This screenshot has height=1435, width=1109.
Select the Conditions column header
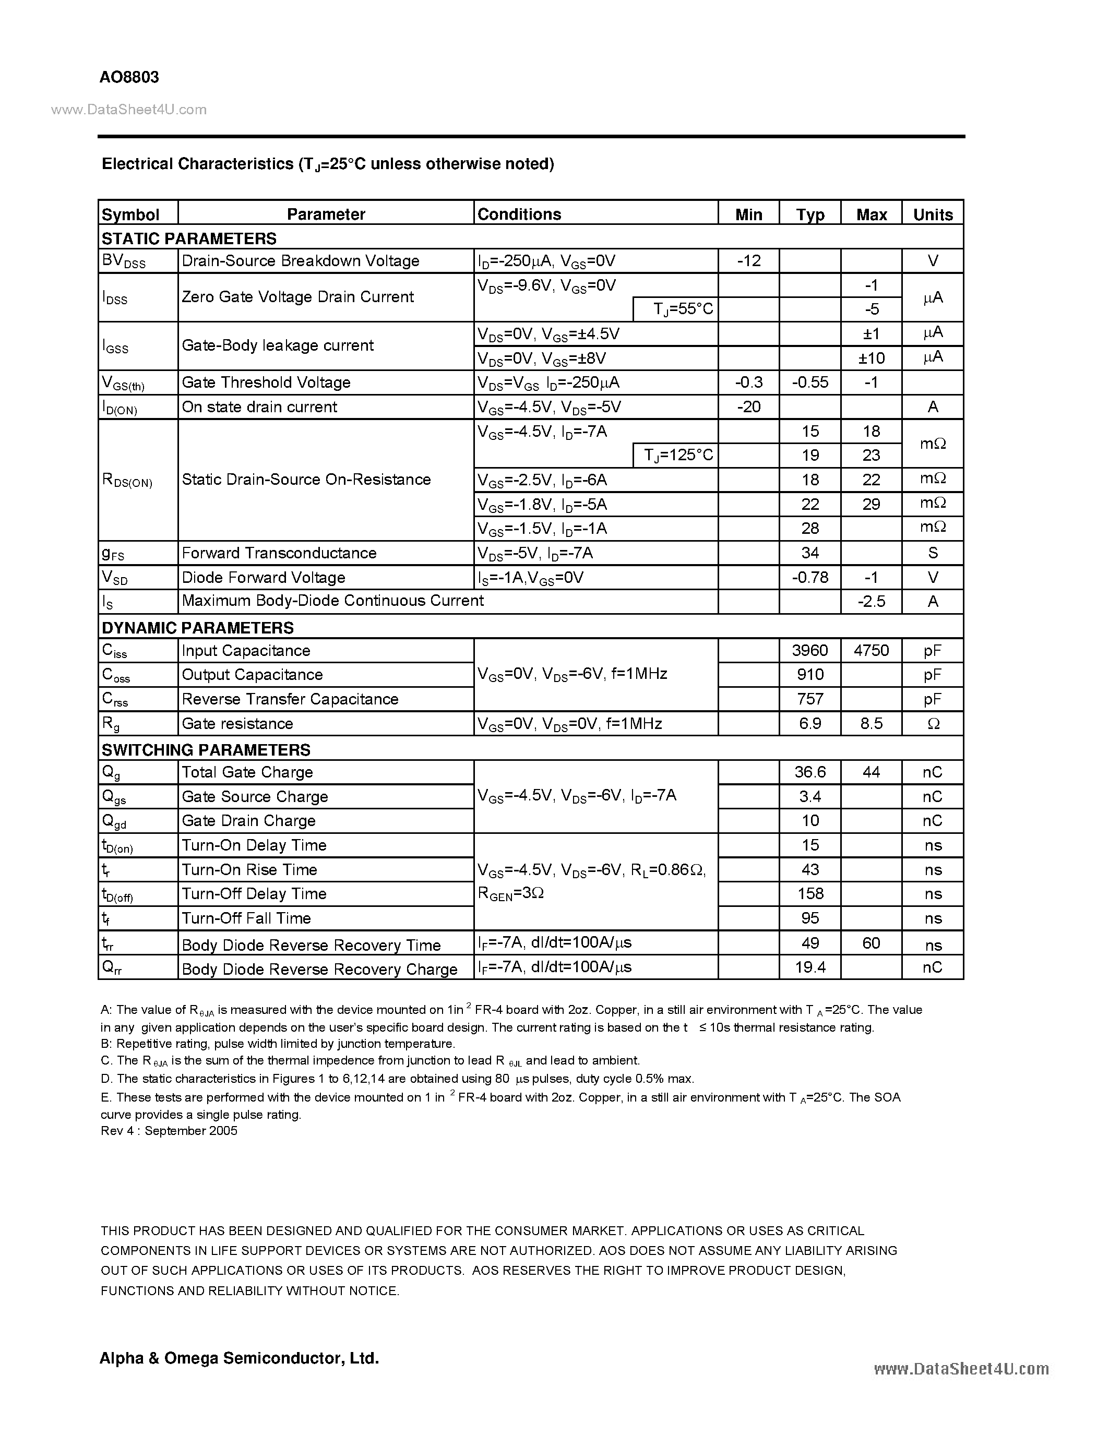[519, 214]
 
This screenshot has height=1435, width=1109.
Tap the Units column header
[932, 214]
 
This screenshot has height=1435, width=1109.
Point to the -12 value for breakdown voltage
[748, 261]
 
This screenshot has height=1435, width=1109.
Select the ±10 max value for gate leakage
[871, 358]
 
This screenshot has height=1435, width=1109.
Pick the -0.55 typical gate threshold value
[809, 382]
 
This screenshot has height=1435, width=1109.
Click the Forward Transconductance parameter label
[279, 553]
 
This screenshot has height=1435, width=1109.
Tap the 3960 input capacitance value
[809, 651]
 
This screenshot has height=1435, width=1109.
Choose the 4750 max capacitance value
[871, 651]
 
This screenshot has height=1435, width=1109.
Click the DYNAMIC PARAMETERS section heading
[197, 627]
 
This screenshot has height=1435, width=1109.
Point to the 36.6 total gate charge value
[809, 772]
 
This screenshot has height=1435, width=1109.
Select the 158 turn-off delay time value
[809, 893]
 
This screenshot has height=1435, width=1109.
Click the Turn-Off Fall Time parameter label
[246, 918]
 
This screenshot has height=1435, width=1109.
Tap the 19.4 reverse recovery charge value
[809, 967]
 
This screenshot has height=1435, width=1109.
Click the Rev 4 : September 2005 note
[169, 1131]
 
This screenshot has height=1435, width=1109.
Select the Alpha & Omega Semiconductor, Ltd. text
[239, 1358]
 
